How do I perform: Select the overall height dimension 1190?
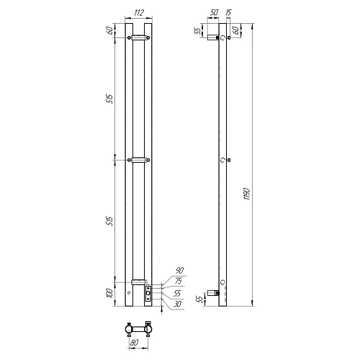(x=247, y=194)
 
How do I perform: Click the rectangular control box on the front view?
(x=148, y=293)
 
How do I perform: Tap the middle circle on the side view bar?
(x=222, y=159)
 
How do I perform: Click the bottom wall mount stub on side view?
(x=212, y=292)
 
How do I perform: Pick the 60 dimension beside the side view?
(x=235, y=30)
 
